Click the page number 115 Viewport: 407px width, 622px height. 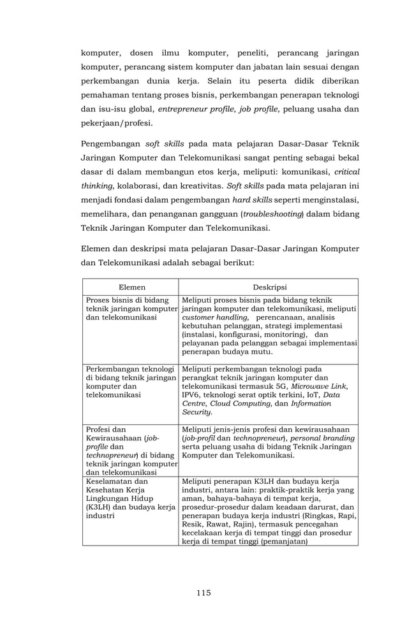pyautogui.click(x=204, y=593)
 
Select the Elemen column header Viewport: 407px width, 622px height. pyautogui.click(x=131, y=287)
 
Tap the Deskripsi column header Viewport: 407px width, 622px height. pyautogui.click(x=270, y=287)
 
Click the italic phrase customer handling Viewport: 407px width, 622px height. pyautogui.click(x=214, y=317)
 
